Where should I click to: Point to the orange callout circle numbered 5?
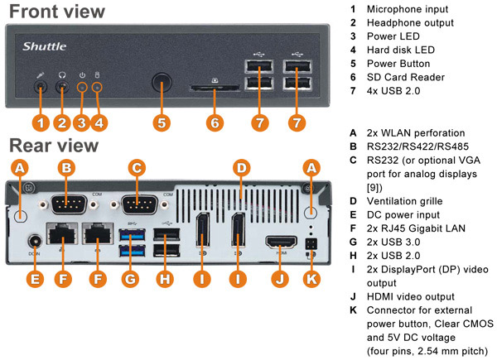tap(162, 122)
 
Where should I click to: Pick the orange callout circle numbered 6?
tap(215, 122)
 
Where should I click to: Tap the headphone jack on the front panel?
tap(62, 86)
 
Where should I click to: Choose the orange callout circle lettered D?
tap(240, 169)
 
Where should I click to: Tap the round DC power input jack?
tap(36, 243)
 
